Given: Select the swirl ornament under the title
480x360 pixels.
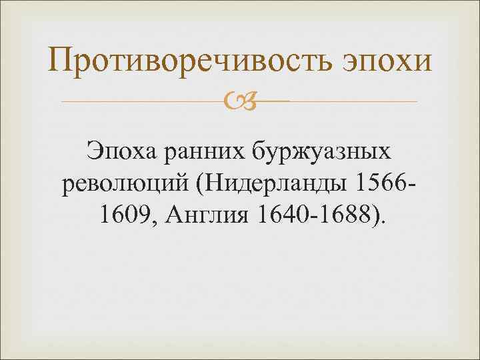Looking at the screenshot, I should pyautogui.click(x=239, y=101).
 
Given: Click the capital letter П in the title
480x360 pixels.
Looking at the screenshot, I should pyautogui.click(x=61, y=61).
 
